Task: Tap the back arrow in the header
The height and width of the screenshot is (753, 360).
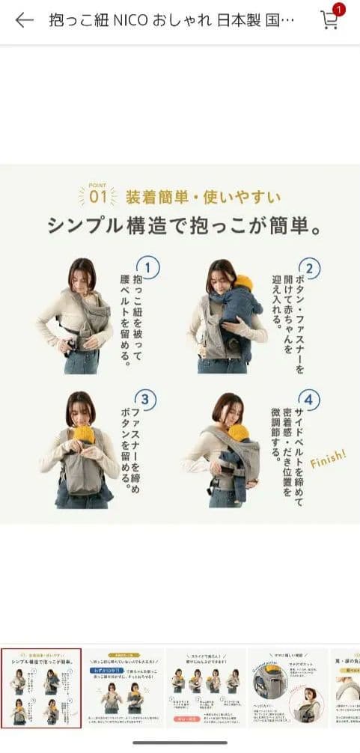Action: click(x=24, y=20)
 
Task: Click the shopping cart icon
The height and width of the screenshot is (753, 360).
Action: click(x=329, y=21)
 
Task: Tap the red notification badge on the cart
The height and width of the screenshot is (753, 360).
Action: click(x=338, y=10)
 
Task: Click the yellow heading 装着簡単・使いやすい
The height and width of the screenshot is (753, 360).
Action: click(x=203, y=198)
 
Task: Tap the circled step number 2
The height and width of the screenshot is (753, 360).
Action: click(x=308, y=268)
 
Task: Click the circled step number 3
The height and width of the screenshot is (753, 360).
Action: click(x=147, y=400)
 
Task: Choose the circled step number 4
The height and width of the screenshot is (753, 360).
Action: click(x=308, y=400)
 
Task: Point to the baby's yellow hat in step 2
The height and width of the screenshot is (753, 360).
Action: click(x=243, y=284)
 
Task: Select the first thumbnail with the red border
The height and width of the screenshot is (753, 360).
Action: click(x=41, y=688)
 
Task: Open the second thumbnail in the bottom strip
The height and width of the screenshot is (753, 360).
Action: click(x=123, y=688)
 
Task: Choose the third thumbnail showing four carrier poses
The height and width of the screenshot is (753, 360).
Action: click(x=205, y=688)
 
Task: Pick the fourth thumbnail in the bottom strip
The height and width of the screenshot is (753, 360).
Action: click(x=287, y=688)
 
